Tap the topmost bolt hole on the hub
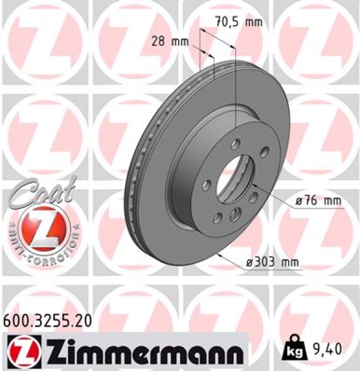236,143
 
